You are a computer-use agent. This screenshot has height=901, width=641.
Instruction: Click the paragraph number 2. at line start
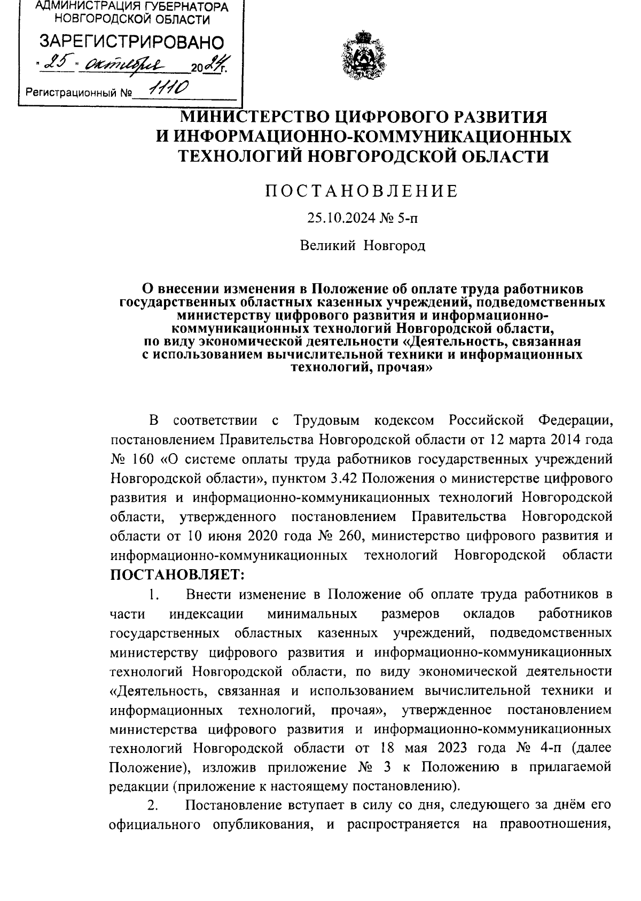[x=153, y=805]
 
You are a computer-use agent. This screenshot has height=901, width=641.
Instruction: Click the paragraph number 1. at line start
[x=154, y=594]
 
